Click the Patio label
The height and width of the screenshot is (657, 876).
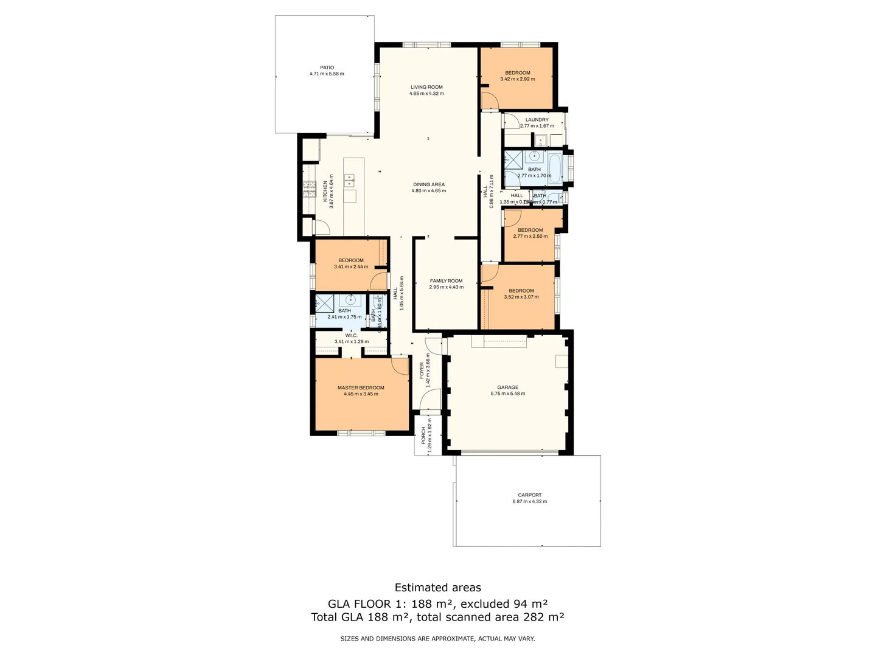[327, 68]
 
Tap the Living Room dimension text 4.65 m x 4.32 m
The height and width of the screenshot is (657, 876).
[426, 94]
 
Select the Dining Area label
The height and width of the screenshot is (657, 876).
[429, 184]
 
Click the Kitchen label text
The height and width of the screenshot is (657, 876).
[325, 191]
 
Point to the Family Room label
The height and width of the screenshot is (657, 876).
[446, 281]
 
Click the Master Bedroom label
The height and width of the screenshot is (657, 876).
[361, 388]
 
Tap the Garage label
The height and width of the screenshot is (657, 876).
[508, 387]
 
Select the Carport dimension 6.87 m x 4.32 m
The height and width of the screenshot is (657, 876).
[529, 502]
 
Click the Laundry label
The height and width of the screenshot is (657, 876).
[537, 120]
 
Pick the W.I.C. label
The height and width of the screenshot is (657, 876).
[351, 335]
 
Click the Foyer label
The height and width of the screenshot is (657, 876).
[422, 370]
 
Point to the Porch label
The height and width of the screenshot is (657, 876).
[424, 435]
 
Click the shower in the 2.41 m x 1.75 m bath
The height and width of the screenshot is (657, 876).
[324, 303]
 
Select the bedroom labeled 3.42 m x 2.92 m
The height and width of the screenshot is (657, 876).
[517, 76]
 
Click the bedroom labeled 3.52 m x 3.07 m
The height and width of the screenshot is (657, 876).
[521, 294]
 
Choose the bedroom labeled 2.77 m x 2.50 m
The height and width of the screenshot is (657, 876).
[530, 233]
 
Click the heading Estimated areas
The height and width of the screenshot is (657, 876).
[437, 588]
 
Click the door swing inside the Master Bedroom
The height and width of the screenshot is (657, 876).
[401, 366]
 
